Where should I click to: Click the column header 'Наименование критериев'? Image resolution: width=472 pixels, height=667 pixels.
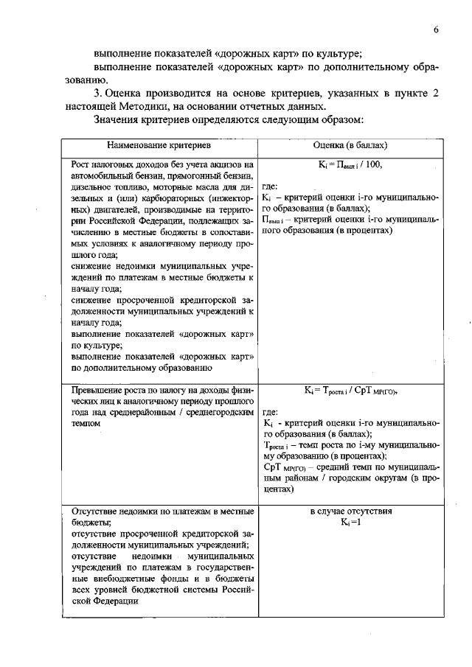[x=159, y=146]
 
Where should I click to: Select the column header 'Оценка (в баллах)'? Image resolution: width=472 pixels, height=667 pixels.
[x=350, y=146]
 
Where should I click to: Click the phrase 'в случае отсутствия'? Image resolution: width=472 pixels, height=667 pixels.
[x=350, y=511]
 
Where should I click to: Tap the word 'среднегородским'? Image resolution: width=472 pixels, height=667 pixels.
[x=218, y=413]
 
